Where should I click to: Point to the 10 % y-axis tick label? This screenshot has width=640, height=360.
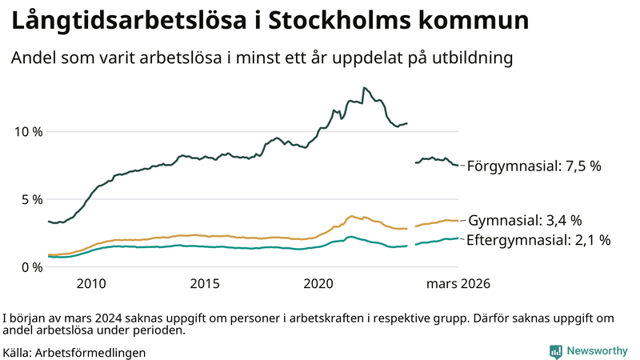pyautogui.click(x=27, y=131)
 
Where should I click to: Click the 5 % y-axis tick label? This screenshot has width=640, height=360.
pyautogui.click(x=31, y=199)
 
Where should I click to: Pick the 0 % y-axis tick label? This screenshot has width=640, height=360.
pyautogui.click(x=31, y=267)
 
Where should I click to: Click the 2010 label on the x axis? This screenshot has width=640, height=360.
pyautogui.click(x=91, y=284)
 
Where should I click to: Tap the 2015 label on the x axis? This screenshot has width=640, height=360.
pyautogui.click(x=205, y=284)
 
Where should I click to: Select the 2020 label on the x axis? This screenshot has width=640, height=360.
pyautogui.click(x=319, y=284)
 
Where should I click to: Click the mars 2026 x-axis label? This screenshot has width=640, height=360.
pyautogui.click(x=458, y=284)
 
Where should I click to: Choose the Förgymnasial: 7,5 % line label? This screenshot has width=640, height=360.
pyautogui.click(x=534, y=166)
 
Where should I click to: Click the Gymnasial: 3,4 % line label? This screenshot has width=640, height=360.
pyautogui.click(x=525, y=221)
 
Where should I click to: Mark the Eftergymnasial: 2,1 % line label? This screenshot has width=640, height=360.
pyautogui.click(x=539, y=239)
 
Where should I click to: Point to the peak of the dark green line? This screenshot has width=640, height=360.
pyautogui.click(x=364, y=88)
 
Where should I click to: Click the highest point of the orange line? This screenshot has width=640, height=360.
pyautogui.click(x=352, y=216)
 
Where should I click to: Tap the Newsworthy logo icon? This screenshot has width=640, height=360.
pyautogui.click(x=555, y=351)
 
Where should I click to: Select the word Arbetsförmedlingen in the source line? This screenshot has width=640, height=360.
pyautogui.click(x=90, y=352)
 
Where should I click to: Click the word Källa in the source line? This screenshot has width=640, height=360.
pyautogui.click(x=18, y=352)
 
